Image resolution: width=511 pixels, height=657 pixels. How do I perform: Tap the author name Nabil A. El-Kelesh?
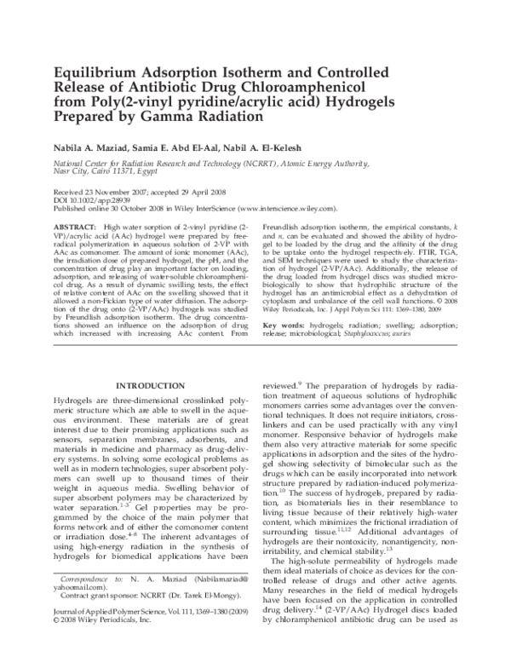[282, 147]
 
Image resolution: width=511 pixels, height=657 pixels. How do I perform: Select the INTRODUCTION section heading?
[150, 386]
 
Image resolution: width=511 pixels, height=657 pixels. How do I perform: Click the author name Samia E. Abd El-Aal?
[187, 147]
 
